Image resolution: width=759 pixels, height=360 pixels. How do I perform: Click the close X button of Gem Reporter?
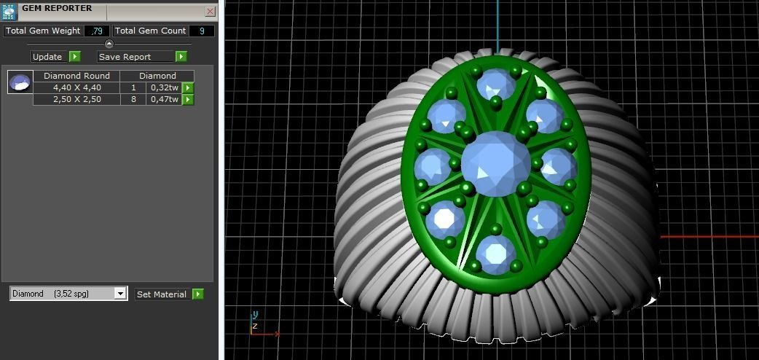pos(210,12)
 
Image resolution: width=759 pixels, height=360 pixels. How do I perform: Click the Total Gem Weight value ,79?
pos(97,31)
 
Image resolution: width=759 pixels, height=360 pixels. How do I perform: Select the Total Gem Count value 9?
pos(202,31)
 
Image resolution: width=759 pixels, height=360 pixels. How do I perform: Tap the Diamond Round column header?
pos(76,76)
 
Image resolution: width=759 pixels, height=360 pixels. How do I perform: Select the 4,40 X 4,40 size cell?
pos(76,87)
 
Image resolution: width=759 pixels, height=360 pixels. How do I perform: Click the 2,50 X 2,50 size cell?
pos(76,99)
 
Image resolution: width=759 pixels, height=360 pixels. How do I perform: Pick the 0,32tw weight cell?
pos(164,87)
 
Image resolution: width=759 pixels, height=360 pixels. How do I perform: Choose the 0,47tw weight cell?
pos(164,99)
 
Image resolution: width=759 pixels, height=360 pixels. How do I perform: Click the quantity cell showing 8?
pos(133,99)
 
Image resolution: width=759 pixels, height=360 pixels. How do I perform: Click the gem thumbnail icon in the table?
pos(20,82)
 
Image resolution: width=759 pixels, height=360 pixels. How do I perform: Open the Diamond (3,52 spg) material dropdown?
pos(69,294)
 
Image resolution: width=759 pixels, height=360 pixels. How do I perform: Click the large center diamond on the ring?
pos(496,165)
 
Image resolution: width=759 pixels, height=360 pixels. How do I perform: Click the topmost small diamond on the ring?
pos(496,84)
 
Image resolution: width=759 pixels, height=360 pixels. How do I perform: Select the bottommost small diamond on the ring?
pos(496,252)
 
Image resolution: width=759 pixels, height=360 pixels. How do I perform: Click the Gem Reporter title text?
pos(57,8)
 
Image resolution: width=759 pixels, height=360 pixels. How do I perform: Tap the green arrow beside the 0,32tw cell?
pos(188,87)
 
